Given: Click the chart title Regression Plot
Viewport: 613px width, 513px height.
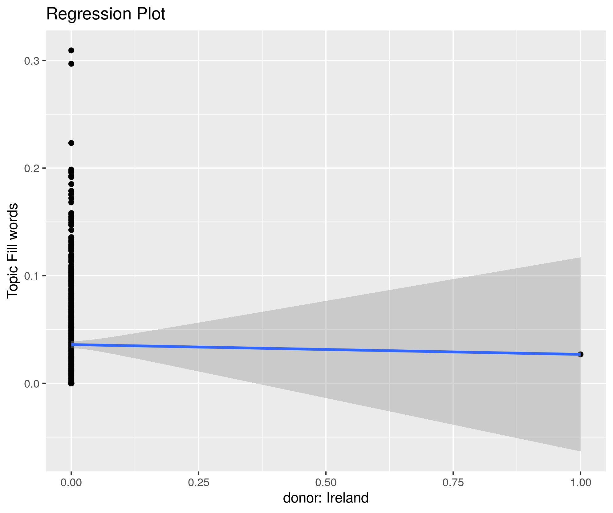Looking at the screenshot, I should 106,14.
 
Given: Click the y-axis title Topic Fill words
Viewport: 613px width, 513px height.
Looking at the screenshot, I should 13,250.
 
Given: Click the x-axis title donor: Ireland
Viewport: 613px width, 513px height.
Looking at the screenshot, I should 326,498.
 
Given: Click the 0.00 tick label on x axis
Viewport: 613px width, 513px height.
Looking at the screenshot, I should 71,482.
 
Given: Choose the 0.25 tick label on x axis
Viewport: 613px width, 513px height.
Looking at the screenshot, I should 199,482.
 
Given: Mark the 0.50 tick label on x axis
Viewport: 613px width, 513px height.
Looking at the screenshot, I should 326,482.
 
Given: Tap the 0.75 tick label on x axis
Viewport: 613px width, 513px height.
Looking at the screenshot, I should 453,482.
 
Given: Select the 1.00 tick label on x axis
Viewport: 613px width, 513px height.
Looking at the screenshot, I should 581,482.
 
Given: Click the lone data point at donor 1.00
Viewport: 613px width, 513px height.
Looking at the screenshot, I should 581,354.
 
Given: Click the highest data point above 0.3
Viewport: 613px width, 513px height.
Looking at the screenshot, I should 71,50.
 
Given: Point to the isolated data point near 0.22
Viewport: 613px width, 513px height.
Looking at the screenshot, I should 71,143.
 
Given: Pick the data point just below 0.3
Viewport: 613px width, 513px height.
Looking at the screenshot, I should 71,64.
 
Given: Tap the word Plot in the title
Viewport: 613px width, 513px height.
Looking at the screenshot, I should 151,14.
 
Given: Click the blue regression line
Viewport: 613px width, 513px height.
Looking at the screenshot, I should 326,349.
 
